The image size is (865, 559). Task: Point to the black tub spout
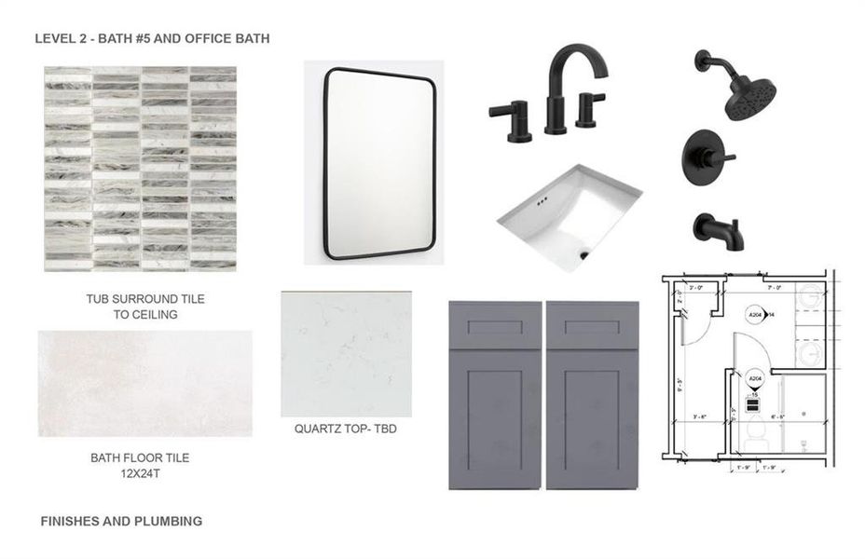pos(717,230)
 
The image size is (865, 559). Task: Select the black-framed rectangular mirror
pos(379,162)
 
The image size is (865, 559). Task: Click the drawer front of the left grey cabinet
pos(495,331)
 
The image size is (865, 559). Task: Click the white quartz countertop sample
pos(346,354)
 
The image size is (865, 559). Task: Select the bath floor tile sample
pos(144,383)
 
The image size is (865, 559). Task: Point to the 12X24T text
pos(139,473)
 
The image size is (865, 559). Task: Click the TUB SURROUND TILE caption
pos(145,299)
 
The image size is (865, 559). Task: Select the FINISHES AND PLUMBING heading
pos(121,521)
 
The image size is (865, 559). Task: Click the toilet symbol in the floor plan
pos(756,430)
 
